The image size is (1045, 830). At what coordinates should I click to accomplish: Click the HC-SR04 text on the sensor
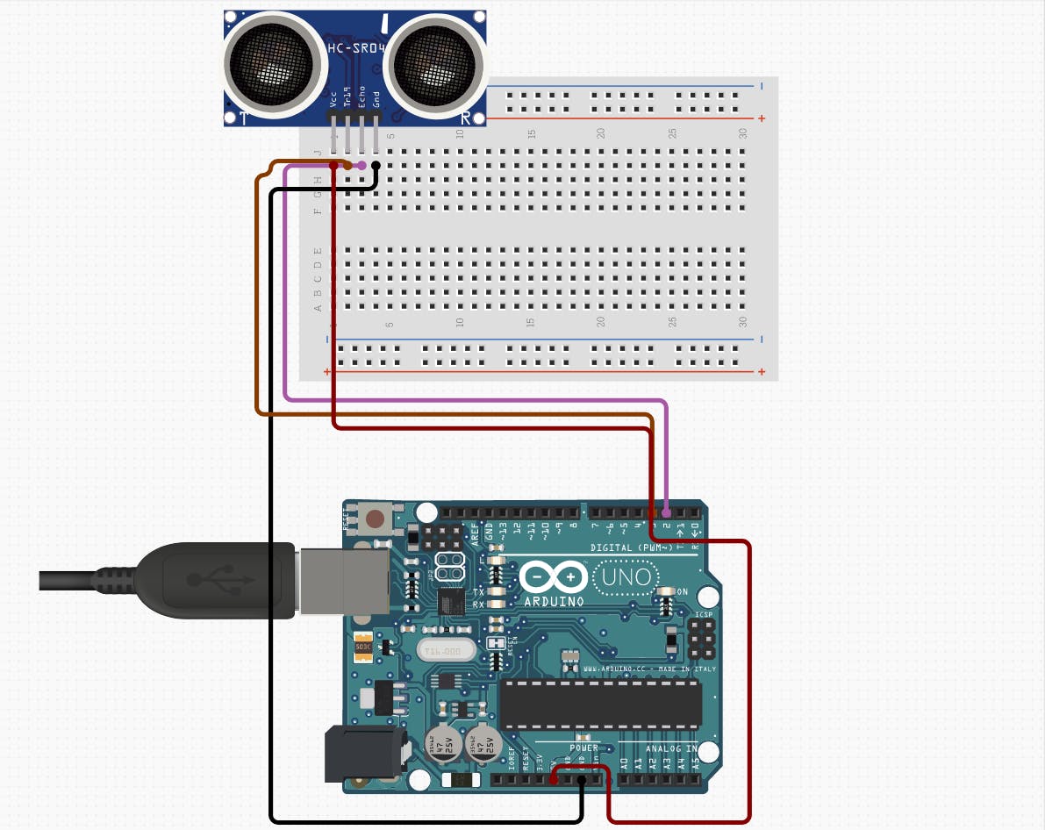point(356,47)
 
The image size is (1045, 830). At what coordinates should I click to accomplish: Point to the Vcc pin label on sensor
point(333,100)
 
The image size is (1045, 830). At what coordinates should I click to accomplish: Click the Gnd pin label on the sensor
point(376,100)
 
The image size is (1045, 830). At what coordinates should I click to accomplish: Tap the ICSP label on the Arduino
point(704,615)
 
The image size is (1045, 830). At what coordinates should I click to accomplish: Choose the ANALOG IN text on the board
point(671,748)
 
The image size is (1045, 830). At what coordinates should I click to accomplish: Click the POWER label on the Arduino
point(583,748)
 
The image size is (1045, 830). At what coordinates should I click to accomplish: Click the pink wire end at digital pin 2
point(667,512)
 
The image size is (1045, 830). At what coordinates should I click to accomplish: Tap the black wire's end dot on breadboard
point(376,165)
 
